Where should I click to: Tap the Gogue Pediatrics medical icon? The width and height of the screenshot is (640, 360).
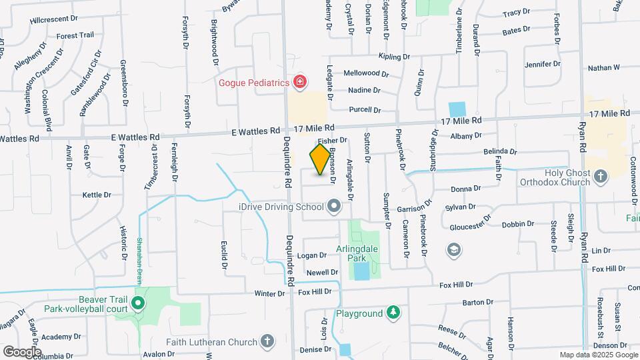point(300,82)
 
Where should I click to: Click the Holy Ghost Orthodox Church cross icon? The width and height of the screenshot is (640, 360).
point(601,177)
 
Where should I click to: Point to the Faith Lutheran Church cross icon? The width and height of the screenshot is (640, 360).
point(267,342)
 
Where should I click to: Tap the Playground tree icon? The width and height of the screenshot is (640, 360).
point(394,313)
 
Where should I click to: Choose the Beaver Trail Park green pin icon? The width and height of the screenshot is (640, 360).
point(138,305)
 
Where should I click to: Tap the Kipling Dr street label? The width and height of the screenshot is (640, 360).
point(393,57)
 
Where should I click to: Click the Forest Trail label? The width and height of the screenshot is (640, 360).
point(75,35)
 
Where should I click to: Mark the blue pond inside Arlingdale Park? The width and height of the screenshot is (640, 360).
point(361,271)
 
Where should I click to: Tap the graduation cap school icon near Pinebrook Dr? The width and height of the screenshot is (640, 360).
point(454,249)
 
